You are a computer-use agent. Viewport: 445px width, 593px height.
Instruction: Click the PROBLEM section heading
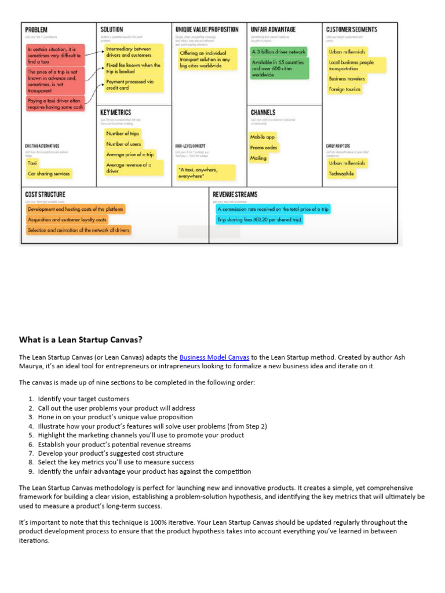coord(36,30)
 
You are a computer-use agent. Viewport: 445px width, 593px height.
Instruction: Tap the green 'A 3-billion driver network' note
coord(278,52)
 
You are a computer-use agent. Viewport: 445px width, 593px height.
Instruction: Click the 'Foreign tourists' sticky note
coord(345,90)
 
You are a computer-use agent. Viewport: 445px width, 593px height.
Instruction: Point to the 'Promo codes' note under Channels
coord(264,148)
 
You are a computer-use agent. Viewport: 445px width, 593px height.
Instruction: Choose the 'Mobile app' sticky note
coord(262,137)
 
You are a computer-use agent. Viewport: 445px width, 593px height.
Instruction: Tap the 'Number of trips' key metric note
coord(122,133)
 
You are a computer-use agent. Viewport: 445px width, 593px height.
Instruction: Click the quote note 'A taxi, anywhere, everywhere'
coord(206,173)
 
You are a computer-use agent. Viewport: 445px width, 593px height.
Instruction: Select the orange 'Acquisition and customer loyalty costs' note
coord(67,219)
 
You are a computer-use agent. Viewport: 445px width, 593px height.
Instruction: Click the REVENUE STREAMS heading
coord(235,195)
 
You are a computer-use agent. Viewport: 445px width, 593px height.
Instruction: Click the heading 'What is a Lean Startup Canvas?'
coord(81,340)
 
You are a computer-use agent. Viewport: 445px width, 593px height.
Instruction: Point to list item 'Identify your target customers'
coord(83,399)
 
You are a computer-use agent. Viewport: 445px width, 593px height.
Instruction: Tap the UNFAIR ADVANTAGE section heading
coord(273,30)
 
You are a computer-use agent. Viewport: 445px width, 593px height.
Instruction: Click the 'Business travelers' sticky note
coord(347,79)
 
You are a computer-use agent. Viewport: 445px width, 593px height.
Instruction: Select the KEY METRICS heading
coord(116,112)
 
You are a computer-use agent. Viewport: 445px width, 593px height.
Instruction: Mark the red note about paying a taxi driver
coord(56,104)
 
